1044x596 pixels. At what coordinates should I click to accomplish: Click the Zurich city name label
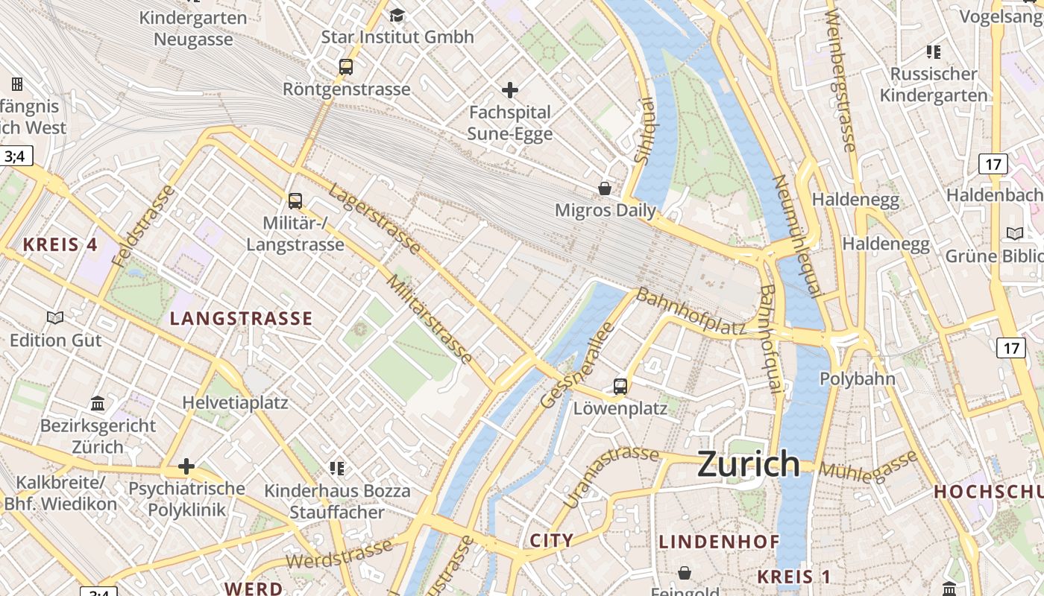pos(749,464)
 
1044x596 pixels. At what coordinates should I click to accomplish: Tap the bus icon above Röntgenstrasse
pos(346,66)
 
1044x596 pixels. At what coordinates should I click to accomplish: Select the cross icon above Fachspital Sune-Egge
pos(510,91)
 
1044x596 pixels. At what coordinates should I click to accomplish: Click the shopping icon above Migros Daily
pos(605,188)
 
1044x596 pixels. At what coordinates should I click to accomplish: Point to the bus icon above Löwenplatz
pos(620,386)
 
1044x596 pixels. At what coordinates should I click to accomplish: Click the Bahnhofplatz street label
pos(691,311)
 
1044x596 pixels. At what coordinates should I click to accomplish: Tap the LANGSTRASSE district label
pos(241,319)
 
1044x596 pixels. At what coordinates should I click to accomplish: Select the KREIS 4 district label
pos(60,244)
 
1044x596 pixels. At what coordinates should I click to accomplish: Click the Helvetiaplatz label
pos(235,403)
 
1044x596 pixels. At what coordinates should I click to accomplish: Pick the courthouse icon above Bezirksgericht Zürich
pos(98,404)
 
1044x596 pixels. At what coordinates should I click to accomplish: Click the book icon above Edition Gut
pos(55,318)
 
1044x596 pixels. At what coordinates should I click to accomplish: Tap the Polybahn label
pos(858,378)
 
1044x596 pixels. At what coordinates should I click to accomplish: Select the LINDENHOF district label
pos(718,542)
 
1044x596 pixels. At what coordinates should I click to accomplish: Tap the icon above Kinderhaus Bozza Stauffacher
pos(337,468)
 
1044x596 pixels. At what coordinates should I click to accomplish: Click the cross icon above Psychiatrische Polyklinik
pos(186,467)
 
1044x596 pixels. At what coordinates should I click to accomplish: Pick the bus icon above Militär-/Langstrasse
pos(295,200)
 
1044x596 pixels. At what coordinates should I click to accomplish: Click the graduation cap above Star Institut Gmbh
pos(397,15)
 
